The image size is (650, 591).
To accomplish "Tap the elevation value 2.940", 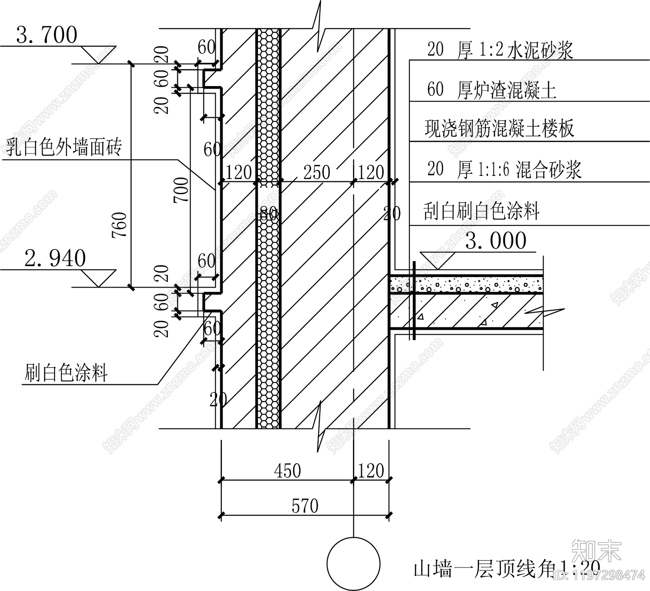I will (55, 258).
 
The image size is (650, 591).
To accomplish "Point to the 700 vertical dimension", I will (182, 190).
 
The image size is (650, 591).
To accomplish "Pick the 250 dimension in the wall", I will (317, 173).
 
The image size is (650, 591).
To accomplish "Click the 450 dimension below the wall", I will (288, 471).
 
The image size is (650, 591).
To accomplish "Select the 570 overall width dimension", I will (305, 507).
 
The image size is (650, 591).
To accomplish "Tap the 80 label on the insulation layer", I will (268, 213).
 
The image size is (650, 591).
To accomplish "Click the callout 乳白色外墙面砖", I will (64, 147).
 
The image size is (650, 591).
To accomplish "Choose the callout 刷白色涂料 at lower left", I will (66, 372).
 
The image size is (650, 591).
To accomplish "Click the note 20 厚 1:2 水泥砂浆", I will (500, 50).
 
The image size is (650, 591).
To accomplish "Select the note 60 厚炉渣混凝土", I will (492, 89).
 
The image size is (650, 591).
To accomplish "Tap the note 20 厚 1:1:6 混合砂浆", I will (504, 169).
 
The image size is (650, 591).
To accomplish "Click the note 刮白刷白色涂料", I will (481, 211).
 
